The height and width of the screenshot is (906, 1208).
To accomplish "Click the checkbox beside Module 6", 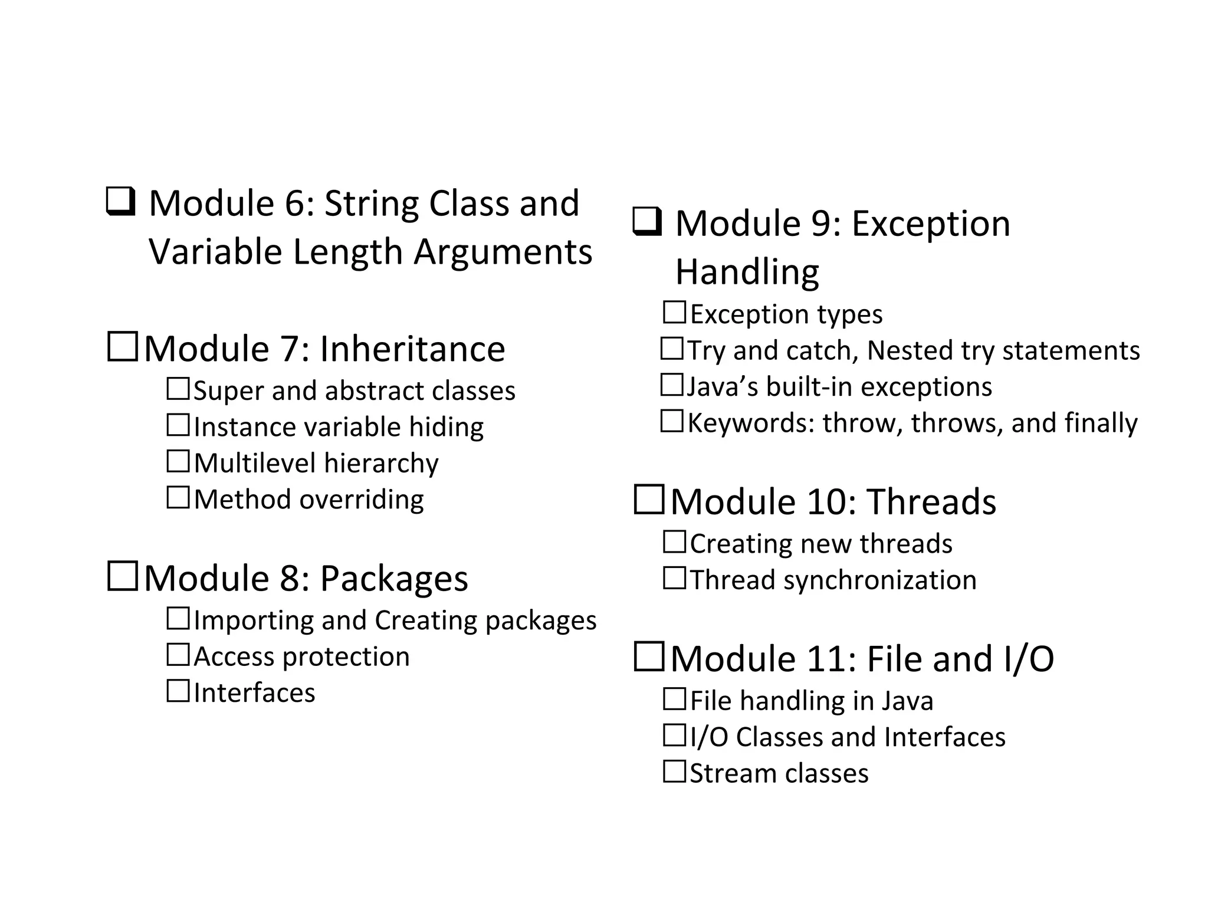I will coord(121,201).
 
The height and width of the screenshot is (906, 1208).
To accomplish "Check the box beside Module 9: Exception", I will coord(647,222).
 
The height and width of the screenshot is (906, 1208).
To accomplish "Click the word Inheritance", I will coord(412,349).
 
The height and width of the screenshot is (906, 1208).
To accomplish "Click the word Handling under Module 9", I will coord(747,272).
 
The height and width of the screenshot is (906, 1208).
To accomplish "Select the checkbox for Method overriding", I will coord(178,498).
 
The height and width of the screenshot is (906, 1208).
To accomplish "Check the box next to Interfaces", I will coord(178,691).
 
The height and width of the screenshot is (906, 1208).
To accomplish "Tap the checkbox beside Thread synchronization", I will coord(674,578).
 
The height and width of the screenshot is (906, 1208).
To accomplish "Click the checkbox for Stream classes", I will coord(674,772).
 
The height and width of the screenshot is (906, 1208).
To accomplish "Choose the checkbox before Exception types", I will coord(674,313).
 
